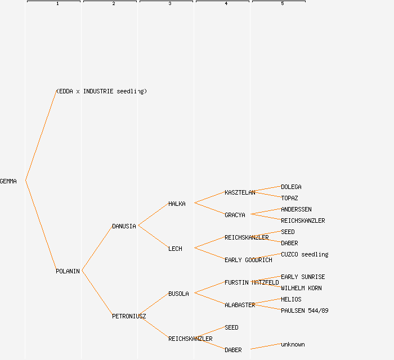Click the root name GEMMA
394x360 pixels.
[x=8, y=181]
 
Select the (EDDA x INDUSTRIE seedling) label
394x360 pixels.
[x=101, y=91]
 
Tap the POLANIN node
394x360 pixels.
[x=68, y=271]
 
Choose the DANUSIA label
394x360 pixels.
[x=124, y=226]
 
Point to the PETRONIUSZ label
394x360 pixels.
[x=129, y=316]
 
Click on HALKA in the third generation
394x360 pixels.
[x=177, y=204]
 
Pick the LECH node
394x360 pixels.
[x=175, y=249]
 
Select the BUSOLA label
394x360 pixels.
[x=178, y=294]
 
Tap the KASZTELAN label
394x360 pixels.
[x=240, y=192]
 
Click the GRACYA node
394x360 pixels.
[x=235, y=215]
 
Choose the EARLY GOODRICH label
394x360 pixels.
[x=248, y=260]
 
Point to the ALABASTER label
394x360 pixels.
[x=240, y=305]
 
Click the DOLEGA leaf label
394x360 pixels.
[x=291, y=187]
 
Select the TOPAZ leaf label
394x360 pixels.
[x=289, y=198]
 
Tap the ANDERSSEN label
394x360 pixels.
[x=296, y=209]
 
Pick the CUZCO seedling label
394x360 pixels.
[x=305, y=254]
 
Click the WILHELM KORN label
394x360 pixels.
[x=301, y=288]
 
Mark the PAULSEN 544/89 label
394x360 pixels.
[x=305, y=310]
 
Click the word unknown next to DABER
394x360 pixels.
[x=293, y=344]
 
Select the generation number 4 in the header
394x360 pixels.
[x=226, y=4]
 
